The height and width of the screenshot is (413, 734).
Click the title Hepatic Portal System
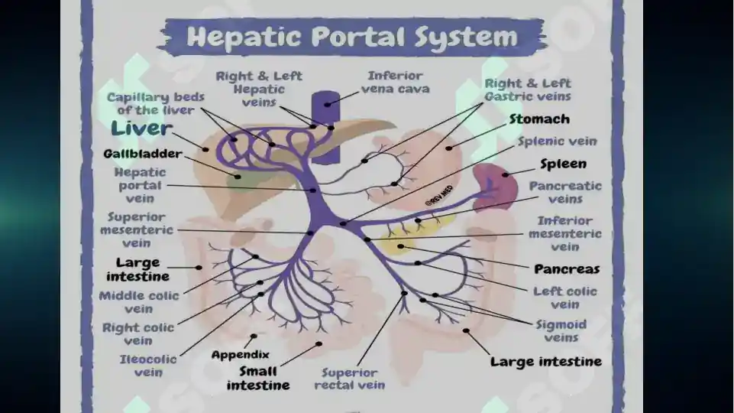[x=352, y=37]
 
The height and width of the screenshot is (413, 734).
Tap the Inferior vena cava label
[x=395, y=82]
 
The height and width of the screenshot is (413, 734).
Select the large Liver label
[x=141, y=128]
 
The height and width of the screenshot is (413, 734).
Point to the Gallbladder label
[x=143, y=154]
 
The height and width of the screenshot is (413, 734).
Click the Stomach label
[x=539, y=119]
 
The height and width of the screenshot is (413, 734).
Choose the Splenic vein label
[x=557, y=141]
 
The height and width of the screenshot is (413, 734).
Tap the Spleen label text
[x=563, y=164]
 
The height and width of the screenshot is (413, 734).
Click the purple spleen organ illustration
[x=495, y=186]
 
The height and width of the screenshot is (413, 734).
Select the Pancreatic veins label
[x=565, y=192]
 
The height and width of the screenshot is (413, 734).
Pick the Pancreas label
[x=567, y=269]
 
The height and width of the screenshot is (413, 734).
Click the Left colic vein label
[x=565, y=298]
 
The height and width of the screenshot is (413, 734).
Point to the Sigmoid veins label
[x=561, y=331]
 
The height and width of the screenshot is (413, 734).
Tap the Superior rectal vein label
[x=350, y=379]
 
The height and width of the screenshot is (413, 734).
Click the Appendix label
[x=240, y=355]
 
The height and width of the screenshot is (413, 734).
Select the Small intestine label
[x=258, y=379]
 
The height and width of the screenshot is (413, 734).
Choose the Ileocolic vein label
[x=148, y=366]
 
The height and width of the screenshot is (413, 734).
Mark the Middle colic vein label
[x=139, y=302]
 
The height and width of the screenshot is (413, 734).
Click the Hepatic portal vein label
[x=140, y=185]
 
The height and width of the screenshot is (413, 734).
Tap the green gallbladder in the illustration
[x=241, y=180]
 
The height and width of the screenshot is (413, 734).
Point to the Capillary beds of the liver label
[x=155, y=103]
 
